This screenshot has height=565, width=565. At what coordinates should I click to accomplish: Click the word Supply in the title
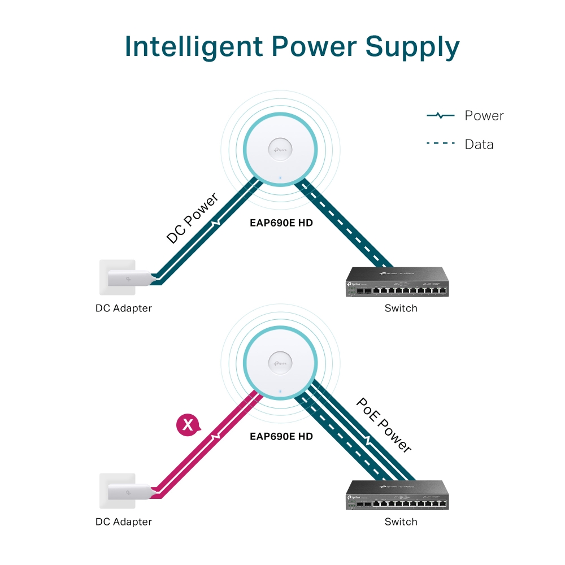tap(411, 47)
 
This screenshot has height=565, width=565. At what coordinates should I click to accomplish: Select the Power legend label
tap(484, 116)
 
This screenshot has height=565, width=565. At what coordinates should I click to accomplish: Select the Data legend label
tap(479, 145)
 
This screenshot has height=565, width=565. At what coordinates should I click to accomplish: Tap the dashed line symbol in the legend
tap(440, 144)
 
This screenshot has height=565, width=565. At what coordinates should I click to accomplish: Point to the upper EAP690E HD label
tap(281, 223)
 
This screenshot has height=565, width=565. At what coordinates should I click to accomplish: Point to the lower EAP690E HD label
tap(281, 436)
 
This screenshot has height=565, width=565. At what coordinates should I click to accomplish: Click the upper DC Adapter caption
tap(124, 308)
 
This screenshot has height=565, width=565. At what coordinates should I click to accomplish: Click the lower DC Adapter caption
tap(124, 522)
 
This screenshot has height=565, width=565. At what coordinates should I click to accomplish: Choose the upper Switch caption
tap(401, 308)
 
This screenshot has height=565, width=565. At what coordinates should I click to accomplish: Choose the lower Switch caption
tap(401, 522)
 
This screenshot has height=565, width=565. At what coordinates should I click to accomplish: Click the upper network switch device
tap(397, 282)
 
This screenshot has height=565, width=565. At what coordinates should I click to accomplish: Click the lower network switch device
tap(397, 496)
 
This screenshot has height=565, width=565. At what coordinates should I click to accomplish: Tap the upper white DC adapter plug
tap(129, 278)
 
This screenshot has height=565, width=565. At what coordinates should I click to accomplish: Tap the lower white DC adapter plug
tap(129, 492)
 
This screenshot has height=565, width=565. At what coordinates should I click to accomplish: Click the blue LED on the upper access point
tap(279, 180)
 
